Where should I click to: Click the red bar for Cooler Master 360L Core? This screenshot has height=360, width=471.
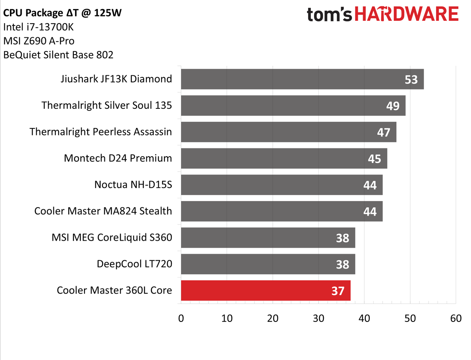click(x=265, y=290)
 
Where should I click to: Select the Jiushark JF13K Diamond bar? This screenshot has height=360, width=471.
click(x=302, y=79)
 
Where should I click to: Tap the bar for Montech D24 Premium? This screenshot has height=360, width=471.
click(x=284, y=158)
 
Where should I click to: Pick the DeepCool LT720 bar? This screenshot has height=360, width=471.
click(x=268, y=264)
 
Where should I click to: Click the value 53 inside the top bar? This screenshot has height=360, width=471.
click(x=411, y=80)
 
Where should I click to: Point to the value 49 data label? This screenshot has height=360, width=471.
click(x=393, y=106)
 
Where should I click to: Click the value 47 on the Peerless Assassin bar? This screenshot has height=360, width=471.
click(x=383, y=132)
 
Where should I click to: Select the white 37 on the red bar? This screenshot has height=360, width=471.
click(x=338, y=291)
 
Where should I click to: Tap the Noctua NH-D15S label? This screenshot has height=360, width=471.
click(x=133, y=185)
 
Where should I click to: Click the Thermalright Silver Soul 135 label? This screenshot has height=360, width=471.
click(x=107, y=105)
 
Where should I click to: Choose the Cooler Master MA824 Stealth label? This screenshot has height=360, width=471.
click(x=103, y=211)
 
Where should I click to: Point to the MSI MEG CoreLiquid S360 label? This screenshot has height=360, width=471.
click(x=112, y=238)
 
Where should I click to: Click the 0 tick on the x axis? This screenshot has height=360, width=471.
click(x=181, y=318)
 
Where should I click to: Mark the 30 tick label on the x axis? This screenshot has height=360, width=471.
click(x=318, y=318)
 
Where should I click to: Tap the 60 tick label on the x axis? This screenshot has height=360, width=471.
click(x=456, y=318)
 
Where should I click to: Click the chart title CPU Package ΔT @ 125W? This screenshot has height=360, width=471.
click(x=62, y=13)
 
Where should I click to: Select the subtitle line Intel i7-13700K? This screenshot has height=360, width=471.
click(x=38, y=27)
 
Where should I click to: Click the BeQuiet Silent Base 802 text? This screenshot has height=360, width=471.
click(x=58, y=55)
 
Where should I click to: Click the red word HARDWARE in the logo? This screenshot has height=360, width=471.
click(x=406, y=14)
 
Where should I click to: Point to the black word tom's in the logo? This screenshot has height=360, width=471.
click(x=329, y=15)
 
